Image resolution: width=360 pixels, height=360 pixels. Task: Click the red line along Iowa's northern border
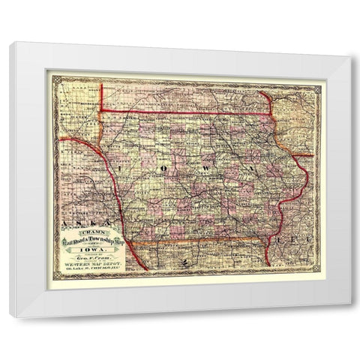[187, 112]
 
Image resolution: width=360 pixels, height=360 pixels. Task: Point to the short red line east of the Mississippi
[303, 156]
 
